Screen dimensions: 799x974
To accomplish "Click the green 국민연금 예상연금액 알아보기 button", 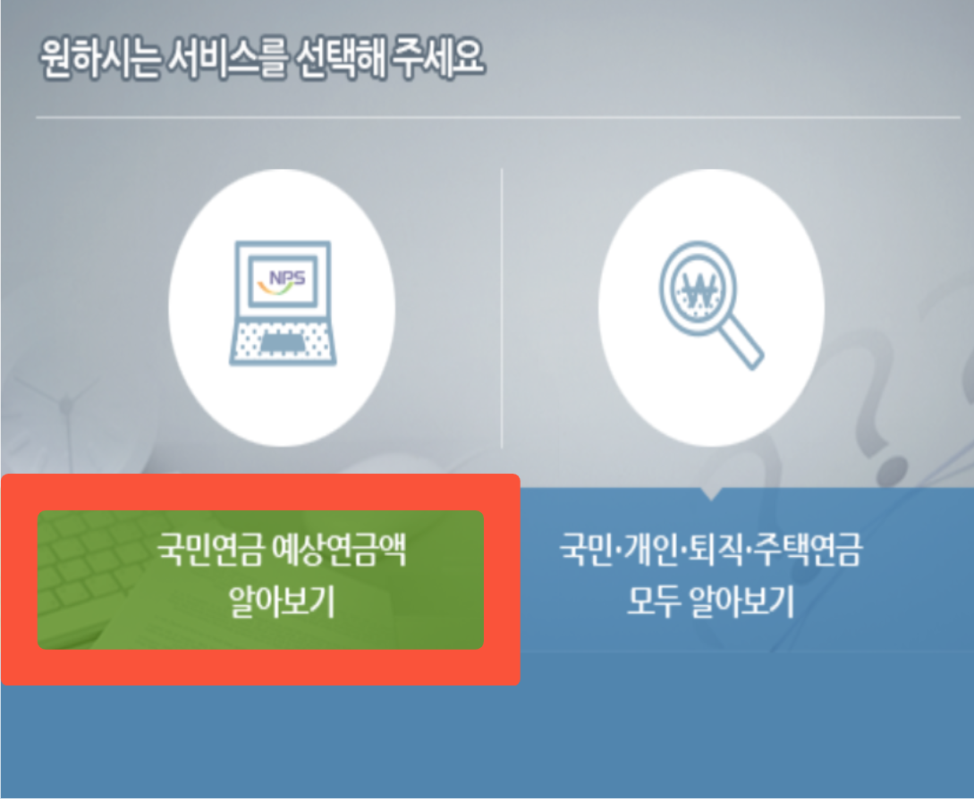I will [260, 580].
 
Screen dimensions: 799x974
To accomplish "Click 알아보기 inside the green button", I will [281, 603].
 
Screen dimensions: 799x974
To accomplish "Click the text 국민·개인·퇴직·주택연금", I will [711, 550].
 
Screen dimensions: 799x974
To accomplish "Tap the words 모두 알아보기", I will [711, 603].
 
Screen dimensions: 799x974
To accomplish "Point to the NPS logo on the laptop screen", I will [282, 277].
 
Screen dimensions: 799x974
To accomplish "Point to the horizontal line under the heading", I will [497, 117].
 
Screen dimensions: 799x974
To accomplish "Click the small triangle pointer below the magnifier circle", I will [711, 492].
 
